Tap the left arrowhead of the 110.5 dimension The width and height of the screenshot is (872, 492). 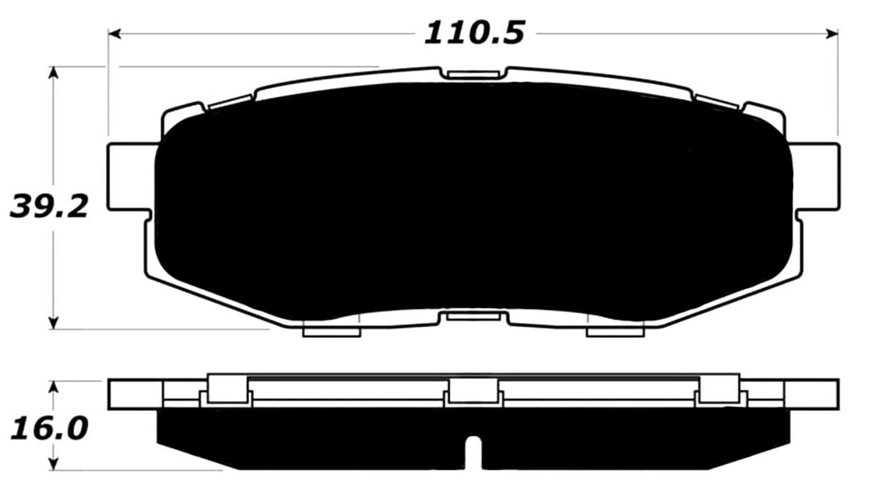[114, 33]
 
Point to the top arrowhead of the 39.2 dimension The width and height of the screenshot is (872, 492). [54, 72]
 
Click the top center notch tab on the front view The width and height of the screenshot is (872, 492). [473, 74]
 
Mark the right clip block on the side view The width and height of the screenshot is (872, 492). [719, 388]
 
